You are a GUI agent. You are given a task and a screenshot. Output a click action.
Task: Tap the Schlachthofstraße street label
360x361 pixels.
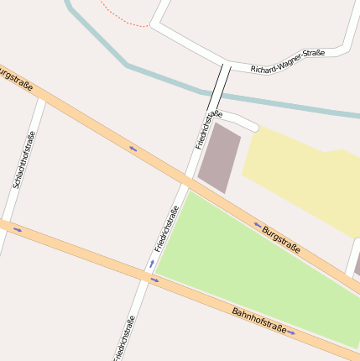(x=24, y=160)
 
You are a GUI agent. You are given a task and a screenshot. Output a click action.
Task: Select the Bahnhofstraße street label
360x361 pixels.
(x=259, y=321)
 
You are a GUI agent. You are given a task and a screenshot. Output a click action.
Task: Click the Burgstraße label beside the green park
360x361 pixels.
(x=281, y=238)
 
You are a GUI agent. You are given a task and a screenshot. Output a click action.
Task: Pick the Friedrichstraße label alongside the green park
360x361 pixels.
(x=167, y=228)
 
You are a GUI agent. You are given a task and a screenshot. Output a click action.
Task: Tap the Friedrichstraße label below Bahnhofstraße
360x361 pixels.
(x=123, y=337)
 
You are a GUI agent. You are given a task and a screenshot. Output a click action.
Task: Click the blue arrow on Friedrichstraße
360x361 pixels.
(x=152, y=264)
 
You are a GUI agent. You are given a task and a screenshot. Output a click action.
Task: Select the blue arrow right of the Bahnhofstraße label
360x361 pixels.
(x=291, y=332)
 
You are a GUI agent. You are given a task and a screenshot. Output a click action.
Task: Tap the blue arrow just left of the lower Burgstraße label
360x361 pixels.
(x=258, y=224)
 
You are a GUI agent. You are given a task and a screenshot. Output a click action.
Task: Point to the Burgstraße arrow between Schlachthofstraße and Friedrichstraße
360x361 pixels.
(x=133, y=149)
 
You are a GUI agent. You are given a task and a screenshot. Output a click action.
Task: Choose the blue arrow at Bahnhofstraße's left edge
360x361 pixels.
(x=18, y=229)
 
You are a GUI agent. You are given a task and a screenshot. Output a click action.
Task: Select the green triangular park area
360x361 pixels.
(x=252, y=269)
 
